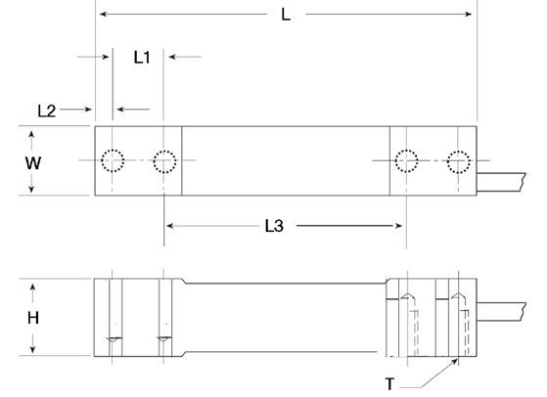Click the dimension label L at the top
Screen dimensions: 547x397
[x=286, y=15]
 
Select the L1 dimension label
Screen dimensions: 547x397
[x=142, y=57]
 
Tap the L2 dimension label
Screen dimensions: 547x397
[x=46, y=110]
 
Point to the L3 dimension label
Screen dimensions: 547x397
[x=274, y=226]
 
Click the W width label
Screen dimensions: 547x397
[x=33, y=163]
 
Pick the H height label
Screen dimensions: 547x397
[x=33, y=318]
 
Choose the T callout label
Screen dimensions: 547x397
[x=390, y=384]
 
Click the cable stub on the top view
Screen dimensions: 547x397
[x=501, y=182]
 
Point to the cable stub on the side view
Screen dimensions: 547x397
[x=501, y=312]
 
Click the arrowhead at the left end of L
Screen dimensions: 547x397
[x=104, y=14]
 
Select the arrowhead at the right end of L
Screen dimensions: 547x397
[x=468, y=14]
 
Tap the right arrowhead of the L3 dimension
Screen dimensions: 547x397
[x=397, y=226]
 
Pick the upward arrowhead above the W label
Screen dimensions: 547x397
[x=31, y=136]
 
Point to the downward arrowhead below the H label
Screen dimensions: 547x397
[x=33, y=348]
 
